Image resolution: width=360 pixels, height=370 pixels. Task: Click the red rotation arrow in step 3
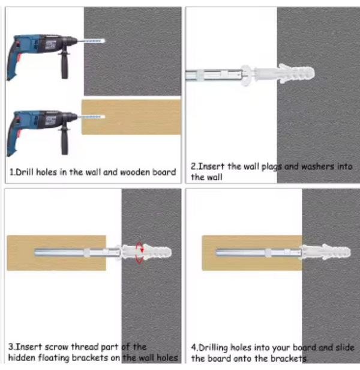click(x=139, y=252)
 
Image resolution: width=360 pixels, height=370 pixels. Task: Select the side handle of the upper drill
click(x=65, y=65)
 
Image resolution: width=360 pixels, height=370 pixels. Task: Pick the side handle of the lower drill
click(x=65, y=141)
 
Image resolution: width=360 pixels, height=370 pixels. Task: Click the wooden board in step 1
click(x=131, y=117)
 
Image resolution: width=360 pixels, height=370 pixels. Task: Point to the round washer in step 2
click(x=247, y=76)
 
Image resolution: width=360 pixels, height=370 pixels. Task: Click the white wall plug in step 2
click(x=284, y=74)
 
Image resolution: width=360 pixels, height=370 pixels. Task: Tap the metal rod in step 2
click(x=214, y=76)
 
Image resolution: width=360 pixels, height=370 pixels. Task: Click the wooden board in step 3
click(x=56, y=253)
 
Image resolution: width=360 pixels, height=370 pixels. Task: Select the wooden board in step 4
click(x=252, y=253)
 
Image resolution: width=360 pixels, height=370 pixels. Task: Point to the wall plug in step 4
click(x=326, y=252)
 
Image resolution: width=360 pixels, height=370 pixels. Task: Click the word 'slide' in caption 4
click(x=345, y=347)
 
